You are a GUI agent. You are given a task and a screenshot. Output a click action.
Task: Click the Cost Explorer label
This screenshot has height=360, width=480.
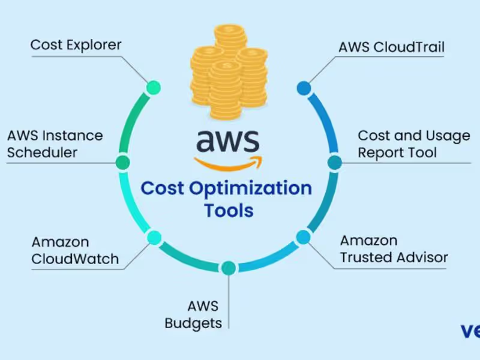click(x=76, y=46)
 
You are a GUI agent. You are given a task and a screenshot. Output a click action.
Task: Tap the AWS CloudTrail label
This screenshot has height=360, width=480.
click(x=392, y=47)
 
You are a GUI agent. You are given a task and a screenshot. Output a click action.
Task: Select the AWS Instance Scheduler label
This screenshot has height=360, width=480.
click(x=55, y=144)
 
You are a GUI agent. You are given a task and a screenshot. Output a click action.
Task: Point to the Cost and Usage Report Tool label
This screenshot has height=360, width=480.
click(x=414, y=144)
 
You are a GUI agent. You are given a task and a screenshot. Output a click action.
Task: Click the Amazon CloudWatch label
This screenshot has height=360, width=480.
click(x=75, y=250)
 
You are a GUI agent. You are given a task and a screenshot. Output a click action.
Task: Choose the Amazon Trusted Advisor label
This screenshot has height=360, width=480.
click(x=394, y=249)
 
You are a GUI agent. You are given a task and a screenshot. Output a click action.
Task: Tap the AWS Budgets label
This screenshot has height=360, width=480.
click(x=193, y=314)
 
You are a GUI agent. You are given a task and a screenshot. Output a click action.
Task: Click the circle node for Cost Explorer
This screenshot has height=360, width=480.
click(x=154, y=88)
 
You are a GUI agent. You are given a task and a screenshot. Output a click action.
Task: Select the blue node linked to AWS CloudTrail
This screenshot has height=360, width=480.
click(x=304, y=88)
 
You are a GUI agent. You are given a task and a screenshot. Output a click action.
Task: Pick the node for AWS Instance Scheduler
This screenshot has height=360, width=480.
click(x=123, y=162)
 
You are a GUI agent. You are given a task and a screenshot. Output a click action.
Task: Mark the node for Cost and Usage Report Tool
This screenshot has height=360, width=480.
click(x=335, y=163)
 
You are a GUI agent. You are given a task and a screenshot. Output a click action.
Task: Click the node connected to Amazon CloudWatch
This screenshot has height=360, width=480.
click(x=154, y=238)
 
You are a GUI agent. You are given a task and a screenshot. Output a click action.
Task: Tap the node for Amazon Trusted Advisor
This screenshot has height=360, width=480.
click(x=304, y=237)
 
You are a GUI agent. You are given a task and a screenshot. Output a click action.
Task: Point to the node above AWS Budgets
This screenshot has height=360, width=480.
click(x=229, y=268)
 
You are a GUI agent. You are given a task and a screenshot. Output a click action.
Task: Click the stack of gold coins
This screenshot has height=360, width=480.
click(x=229, y=72)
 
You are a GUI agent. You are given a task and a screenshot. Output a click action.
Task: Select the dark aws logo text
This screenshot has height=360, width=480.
click(x=228, y=141)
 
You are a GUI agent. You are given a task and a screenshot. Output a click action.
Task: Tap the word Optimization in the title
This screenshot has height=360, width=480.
click(x=250, y=189)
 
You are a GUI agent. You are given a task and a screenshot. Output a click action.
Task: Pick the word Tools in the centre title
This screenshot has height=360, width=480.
click(x=229, y=211)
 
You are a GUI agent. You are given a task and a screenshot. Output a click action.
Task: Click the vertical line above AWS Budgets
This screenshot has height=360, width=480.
click(x=229, y=302)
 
